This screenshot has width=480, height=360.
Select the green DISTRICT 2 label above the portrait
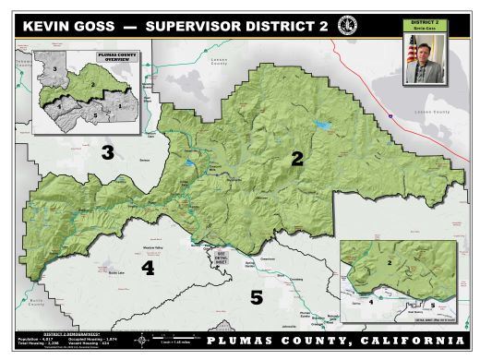(x=426, y=21)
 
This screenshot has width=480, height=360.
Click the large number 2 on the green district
(x=296, y=158)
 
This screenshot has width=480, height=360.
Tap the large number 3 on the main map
(x=107, y=152)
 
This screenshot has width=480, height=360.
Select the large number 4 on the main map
(x=147, y=269)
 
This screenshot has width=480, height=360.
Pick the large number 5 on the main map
(x=257, y=296)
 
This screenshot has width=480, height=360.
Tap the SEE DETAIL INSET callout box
(x=220, y=254)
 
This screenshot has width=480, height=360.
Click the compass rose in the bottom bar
(x=141, y=341)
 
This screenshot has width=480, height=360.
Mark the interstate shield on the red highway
(x=391, y=117)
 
